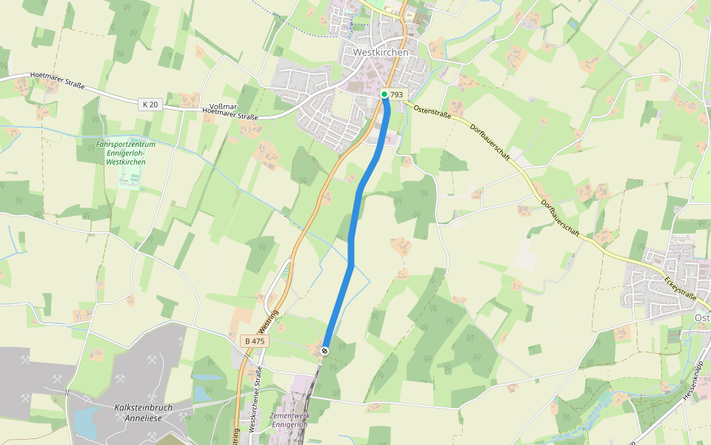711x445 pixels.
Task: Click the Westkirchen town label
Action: click(381, 53)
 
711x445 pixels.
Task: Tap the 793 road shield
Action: click(397, 95)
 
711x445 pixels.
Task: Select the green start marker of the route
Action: click(384, 94)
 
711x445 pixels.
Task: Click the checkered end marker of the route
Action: click(324, 351)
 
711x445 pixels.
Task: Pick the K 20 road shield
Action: click(150, 105)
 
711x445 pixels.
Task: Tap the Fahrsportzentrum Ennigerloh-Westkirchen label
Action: click(126, 153)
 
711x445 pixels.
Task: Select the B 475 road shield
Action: click(254, 341)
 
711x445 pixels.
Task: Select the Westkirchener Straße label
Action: click(253, 400)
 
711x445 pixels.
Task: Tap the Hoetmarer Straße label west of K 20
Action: click(58, 81)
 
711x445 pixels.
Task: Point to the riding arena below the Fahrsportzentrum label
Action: click(129, 178)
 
